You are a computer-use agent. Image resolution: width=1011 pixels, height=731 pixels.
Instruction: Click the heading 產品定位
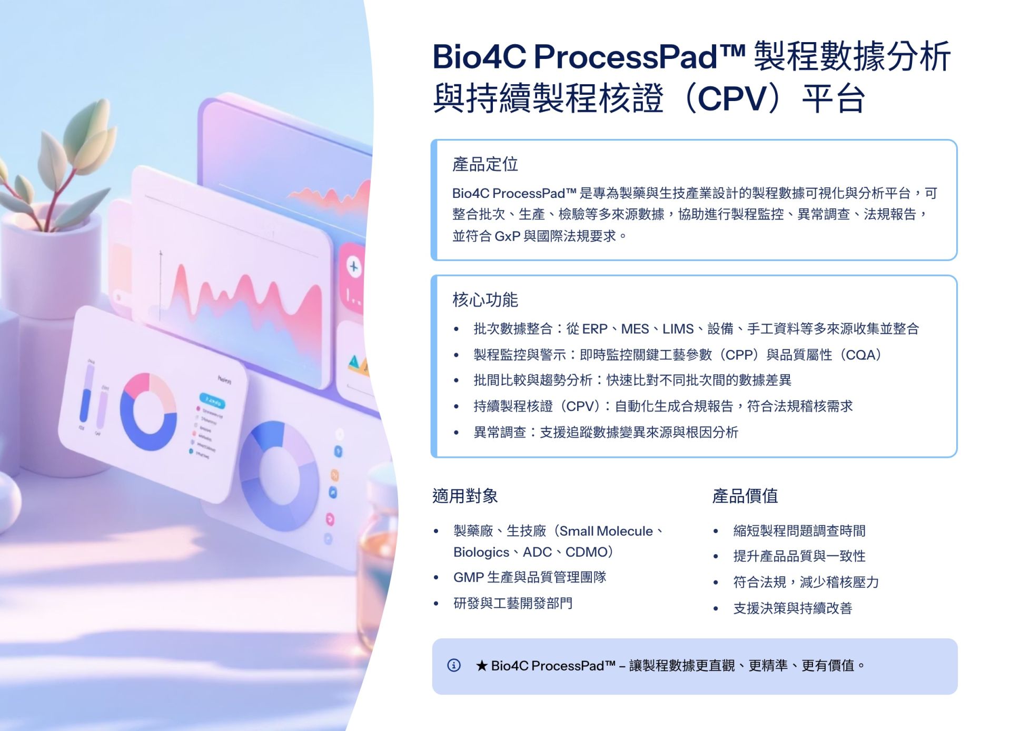(485, 164)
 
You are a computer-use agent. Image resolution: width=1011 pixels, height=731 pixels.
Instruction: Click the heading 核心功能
(485, 300)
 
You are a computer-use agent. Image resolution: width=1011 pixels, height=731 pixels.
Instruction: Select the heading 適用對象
(465, 496)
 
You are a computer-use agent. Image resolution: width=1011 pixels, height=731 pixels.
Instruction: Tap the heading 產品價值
(745, 496)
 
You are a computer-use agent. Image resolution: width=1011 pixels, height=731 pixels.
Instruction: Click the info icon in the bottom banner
(453, 665)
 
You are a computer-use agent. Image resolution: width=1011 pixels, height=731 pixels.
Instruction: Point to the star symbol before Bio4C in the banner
(481, 666)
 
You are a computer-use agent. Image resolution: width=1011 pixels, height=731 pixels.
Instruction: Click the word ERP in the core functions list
(594, 329)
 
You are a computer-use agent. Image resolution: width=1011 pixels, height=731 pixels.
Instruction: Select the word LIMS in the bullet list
(678, 329)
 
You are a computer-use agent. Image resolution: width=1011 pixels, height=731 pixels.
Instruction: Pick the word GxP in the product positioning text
(508, 236)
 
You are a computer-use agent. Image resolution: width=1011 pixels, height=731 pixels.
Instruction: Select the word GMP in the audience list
(469, 577)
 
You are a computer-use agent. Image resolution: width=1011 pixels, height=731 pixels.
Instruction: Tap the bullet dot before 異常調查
(456, 433)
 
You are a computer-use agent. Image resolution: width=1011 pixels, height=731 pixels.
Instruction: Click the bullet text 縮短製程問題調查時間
(799, 530)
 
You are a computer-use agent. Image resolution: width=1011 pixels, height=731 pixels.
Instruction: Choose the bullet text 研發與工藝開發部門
(513, 603)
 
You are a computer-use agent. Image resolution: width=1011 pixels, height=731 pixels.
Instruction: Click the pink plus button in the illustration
(353, 267)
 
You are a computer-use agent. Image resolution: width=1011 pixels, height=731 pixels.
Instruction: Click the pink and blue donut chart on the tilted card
(148, 412)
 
